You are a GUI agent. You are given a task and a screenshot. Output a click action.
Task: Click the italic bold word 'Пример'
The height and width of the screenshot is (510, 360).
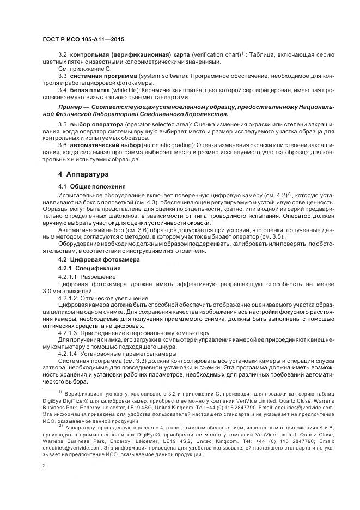pyautogui.click(x=74, y=107)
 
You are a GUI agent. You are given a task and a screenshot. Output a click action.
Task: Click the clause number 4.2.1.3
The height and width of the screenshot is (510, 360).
pyautogui.click(x=68, y=332)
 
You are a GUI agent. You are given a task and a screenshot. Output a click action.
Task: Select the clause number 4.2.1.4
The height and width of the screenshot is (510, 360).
pyautogui.click(x=68, y=353)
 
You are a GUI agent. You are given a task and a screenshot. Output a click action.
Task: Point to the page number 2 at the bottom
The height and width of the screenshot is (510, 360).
pyautogui.click(x=44, y=466)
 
